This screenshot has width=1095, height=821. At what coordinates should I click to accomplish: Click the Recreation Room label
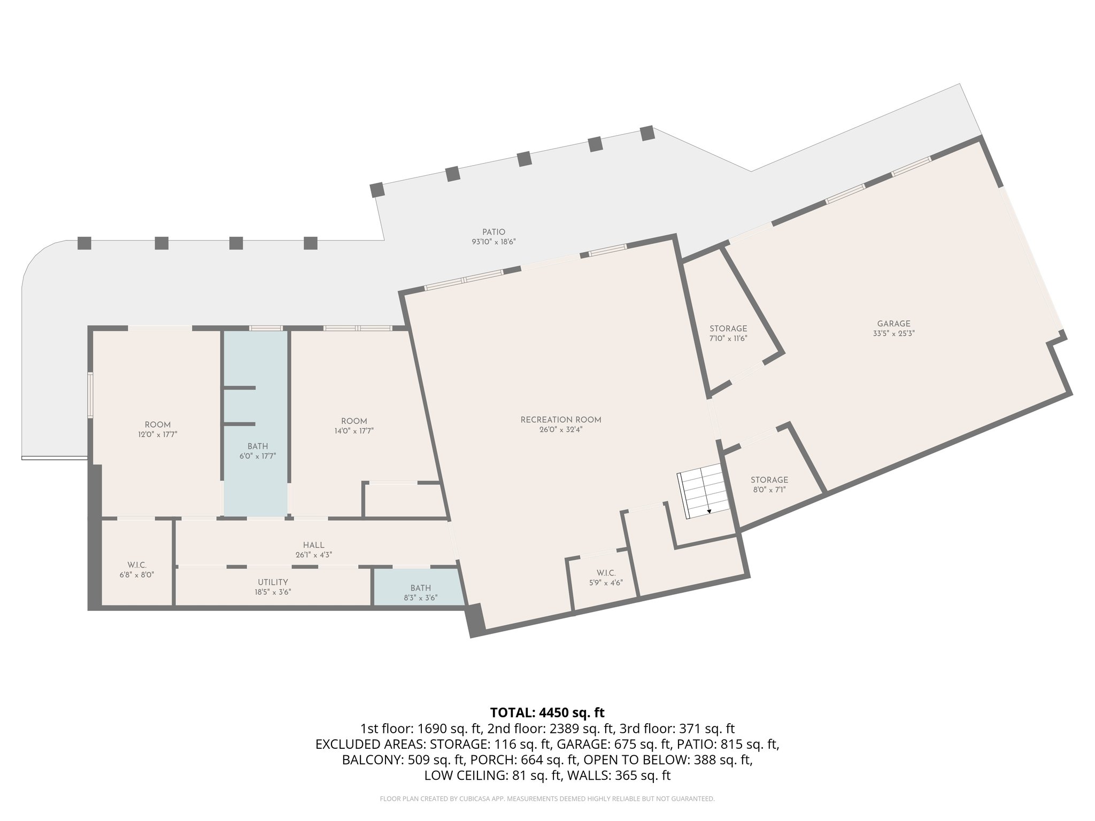pos(561,420)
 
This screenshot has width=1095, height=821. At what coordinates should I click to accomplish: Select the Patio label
pos(493,232)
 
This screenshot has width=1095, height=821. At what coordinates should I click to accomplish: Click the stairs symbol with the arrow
pos(703,491)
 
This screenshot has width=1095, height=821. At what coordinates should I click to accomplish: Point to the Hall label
pos(313,545)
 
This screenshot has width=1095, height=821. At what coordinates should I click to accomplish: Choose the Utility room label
pos(273,582)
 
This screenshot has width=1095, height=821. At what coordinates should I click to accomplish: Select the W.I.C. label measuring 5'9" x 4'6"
pos(606,574)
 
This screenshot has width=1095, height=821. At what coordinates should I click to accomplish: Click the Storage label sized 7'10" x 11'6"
pos(728,329)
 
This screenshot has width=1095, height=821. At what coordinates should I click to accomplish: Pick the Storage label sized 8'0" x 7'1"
pos(769,480)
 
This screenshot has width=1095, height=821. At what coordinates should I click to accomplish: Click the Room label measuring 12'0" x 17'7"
pos(157,425)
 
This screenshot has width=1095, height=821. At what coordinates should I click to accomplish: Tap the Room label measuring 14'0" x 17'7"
pos(354,421)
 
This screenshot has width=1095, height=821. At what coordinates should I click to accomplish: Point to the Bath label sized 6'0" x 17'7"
pos(257,446)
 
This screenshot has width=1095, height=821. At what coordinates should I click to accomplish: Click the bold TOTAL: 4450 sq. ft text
pos(547,712)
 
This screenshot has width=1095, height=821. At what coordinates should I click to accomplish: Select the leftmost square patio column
pos(84,243)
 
